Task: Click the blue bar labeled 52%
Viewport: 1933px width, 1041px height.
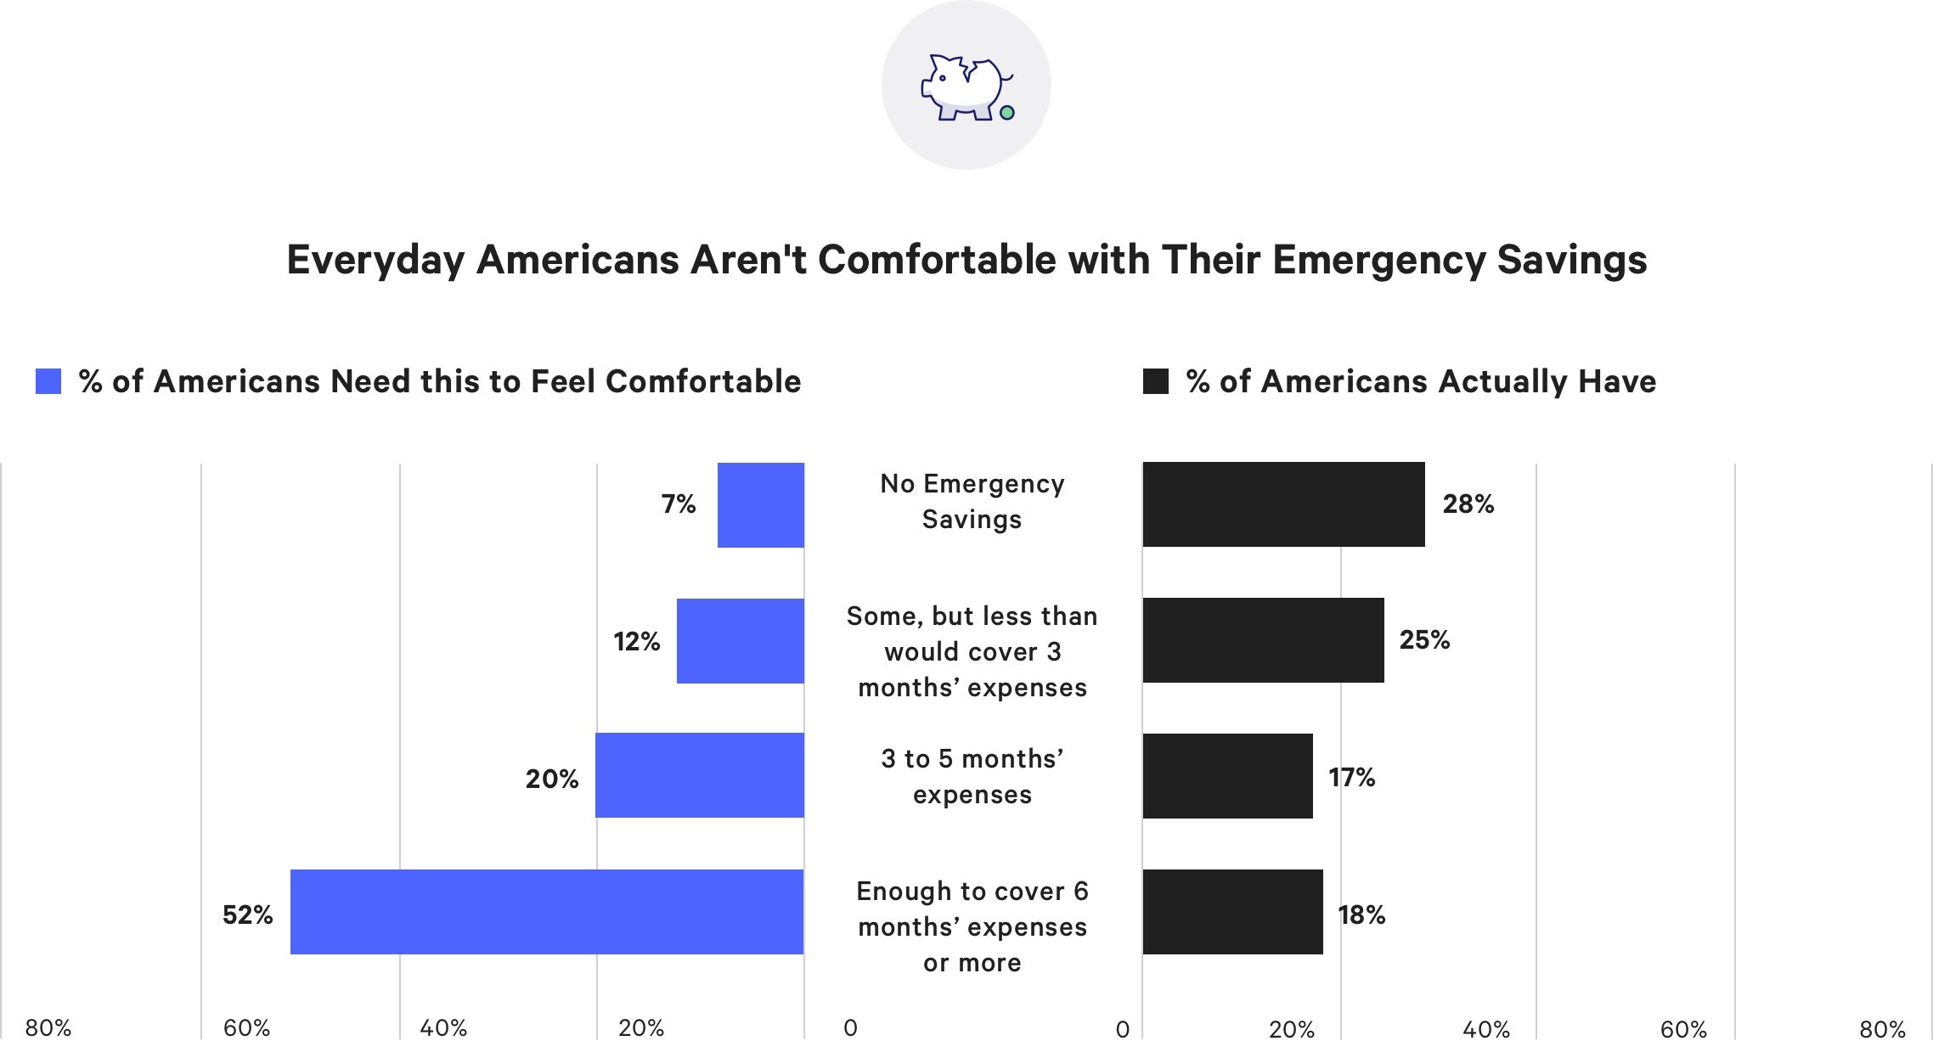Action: pyautogui.click(x=547, y=912)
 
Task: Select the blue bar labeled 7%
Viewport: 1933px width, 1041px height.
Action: pyautogui.click(x=761, y=505)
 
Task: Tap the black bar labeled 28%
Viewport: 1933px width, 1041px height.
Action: pyautogui.click(x=1283, y=504)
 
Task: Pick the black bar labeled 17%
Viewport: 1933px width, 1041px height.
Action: pyautogui.click(x=1227, y=776)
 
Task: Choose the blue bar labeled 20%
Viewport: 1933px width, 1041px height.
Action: pyautogui.click(x=700, y=775)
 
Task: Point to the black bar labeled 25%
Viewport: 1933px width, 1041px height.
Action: pyautogui.click(x=1263, y=640)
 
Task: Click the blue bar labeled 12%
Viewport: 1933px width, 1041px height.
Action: pyautogui.click(x=741, y=641)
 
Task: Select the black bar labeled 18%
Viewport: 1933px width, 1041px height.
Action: pyautogui.click(x=1232, y=912)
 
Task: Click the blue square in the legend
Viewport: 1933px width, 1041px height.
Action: pyautogui.click(x=48, y=381)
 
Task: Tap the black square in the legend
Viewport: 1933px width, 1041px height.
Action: pyautogui.click(x=1156, y=381)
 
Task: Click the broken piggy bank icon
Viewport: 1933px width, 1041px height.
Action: pyautogui.click(x=964, y=87)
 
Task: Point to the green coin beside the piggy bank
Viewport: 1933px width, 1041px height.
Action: pyautogui.click(x=1007, y=112)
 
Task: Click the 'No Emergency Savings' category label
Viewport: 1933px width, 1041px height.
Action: pyautogui.click(x=972, y=501)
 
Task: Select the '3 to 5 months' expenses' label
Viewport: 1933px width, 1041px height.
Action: pyautogui.click(x=972, y=776)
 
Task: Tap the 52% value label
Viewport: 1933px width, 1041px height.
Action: pyautogui.click(x=247, y=914)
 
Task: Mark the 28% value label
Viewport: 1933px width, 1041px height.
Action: pyautogui.click(x=1468, y=504)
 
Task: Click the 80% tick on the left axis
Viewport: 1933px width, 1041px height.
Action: pyautogui.click(x=48, y=1028)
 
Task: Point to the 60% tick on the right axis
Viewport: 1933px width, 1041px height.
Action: pyautogui.click(x=1683, y=1029)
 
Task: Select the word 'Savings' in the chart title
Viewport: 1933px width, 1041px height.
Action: pyautogui.click(x=1571, y=260)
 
